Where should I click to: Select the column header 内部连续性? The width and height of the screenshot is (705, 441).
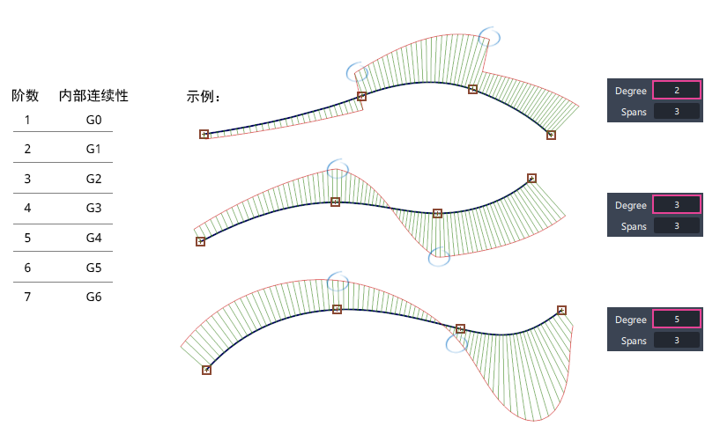93,95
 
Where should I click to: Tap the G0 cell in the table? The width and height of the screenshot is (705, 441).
94,120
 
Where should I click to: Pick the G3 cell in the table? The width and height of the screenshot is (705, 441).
94,209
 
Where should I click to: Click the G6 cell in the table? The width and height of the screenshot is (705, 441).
94,297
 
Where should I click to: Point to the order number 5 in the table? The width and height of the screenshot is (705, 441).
27,238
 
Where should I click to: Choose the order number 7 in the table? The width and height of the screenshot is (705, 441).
27,297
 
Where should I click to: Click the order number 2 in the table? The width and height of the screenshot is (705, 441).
27,150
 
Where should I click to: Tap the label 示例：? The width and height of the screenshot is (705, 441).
204,96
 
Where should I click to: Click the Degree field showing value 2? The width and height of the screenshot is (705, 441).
676,91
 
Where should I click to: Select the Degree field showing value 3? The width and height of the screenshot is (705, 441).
676,205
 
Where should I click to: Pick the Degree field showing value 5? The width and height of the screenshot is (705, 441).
676,320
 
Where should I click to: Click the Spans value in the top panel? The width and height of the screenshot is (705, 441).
676,112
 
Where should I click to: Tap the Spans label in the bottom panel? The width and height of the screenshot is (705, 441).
634,341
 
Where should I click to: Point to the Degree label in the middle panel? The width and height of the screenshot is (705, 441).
631,205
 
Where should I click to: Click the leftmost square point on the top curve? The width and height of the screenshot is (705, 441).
204,134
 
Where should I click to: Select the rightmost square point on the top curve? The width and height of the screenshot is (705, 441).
551,135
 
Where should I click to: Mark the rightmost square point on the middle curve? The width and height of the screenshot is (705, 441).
531,178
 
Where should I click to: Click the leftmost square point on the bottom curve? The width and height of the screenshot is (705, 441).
206,370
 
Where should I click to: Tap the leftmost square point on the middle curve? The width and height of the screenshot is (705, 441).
200,241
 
